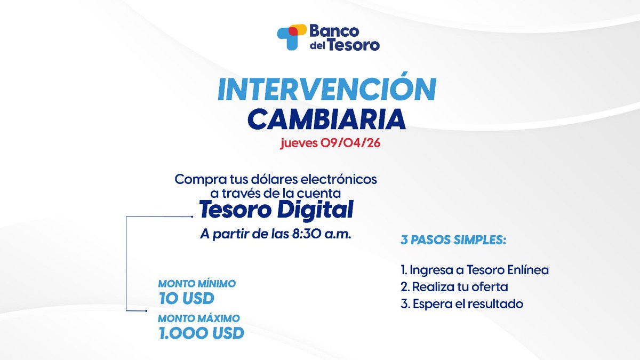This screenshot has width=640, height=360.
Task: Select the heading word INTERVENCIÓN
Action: pos(327,90)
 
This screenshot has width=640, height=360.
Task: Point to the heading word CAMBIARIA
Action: pos(327,119)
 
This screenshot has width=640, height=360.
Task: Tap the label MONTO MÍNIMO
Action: pos(197,284)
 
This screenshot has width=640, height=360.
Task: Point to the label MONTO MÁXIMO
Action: pos(198,318)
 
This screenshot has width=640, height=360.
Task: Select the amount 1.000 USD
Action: pos(201,333)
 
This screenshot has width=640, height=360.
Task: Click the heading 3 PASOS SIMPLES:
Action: pos(453,241)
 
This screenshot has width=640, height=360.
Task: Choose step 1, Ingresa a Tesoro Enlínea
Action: pos(474,270)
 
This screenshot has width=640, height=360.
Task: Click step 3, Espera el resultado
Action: pos(461,304)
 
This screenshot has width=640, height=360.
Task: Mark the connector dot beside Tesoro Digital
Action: pos(191,217)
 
